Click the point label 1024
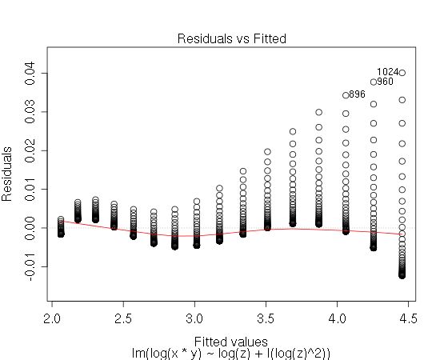coord(387,72)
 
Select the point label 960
coord(385,82)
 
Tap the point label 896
coord(357,94)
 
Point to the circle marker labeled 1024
coord(402,73)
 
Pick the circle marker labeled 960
coord(374,82)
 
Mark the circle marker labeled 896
coord(346,95)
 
